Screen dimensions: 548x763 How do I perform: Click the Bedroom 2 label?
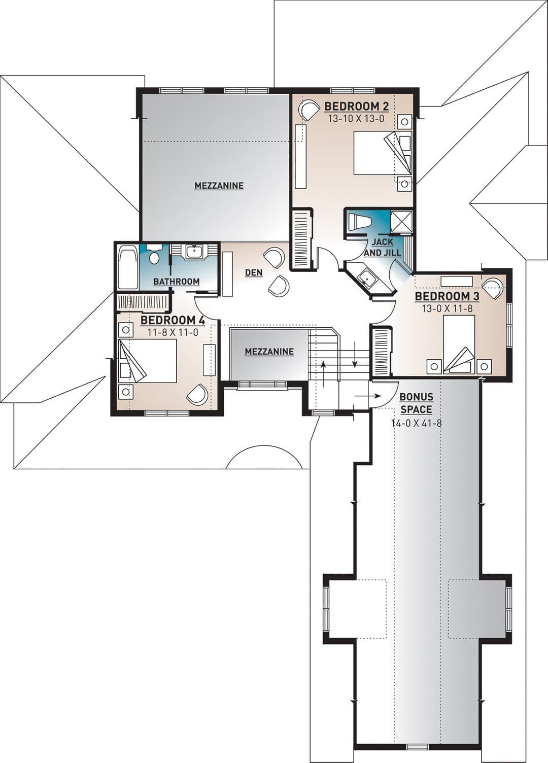(356, 107)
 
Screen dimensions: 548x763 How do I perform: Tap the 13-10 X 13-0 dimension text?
(356, 119)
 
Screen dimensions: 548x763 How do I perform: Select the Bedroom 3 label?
(447, 296)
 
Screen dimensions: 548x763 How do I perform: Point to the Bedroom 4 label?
(173, 320)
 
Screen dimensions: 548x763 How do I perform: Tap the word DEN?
(254, 272)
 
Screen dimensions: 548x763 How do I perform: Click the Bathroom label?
(177, 282)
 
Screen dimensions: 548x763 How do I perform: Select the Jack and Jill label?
(383, 247)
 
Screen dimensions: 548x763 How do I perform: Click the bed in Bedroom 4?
(147, 361)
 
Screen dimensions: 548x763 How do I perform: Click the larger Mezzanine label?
(219, 186)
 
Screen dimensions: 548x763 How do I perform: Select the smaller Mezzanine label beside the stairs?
(269, 352)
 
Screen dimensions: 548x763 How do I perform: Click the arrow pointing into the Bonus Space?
(367, 396)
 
